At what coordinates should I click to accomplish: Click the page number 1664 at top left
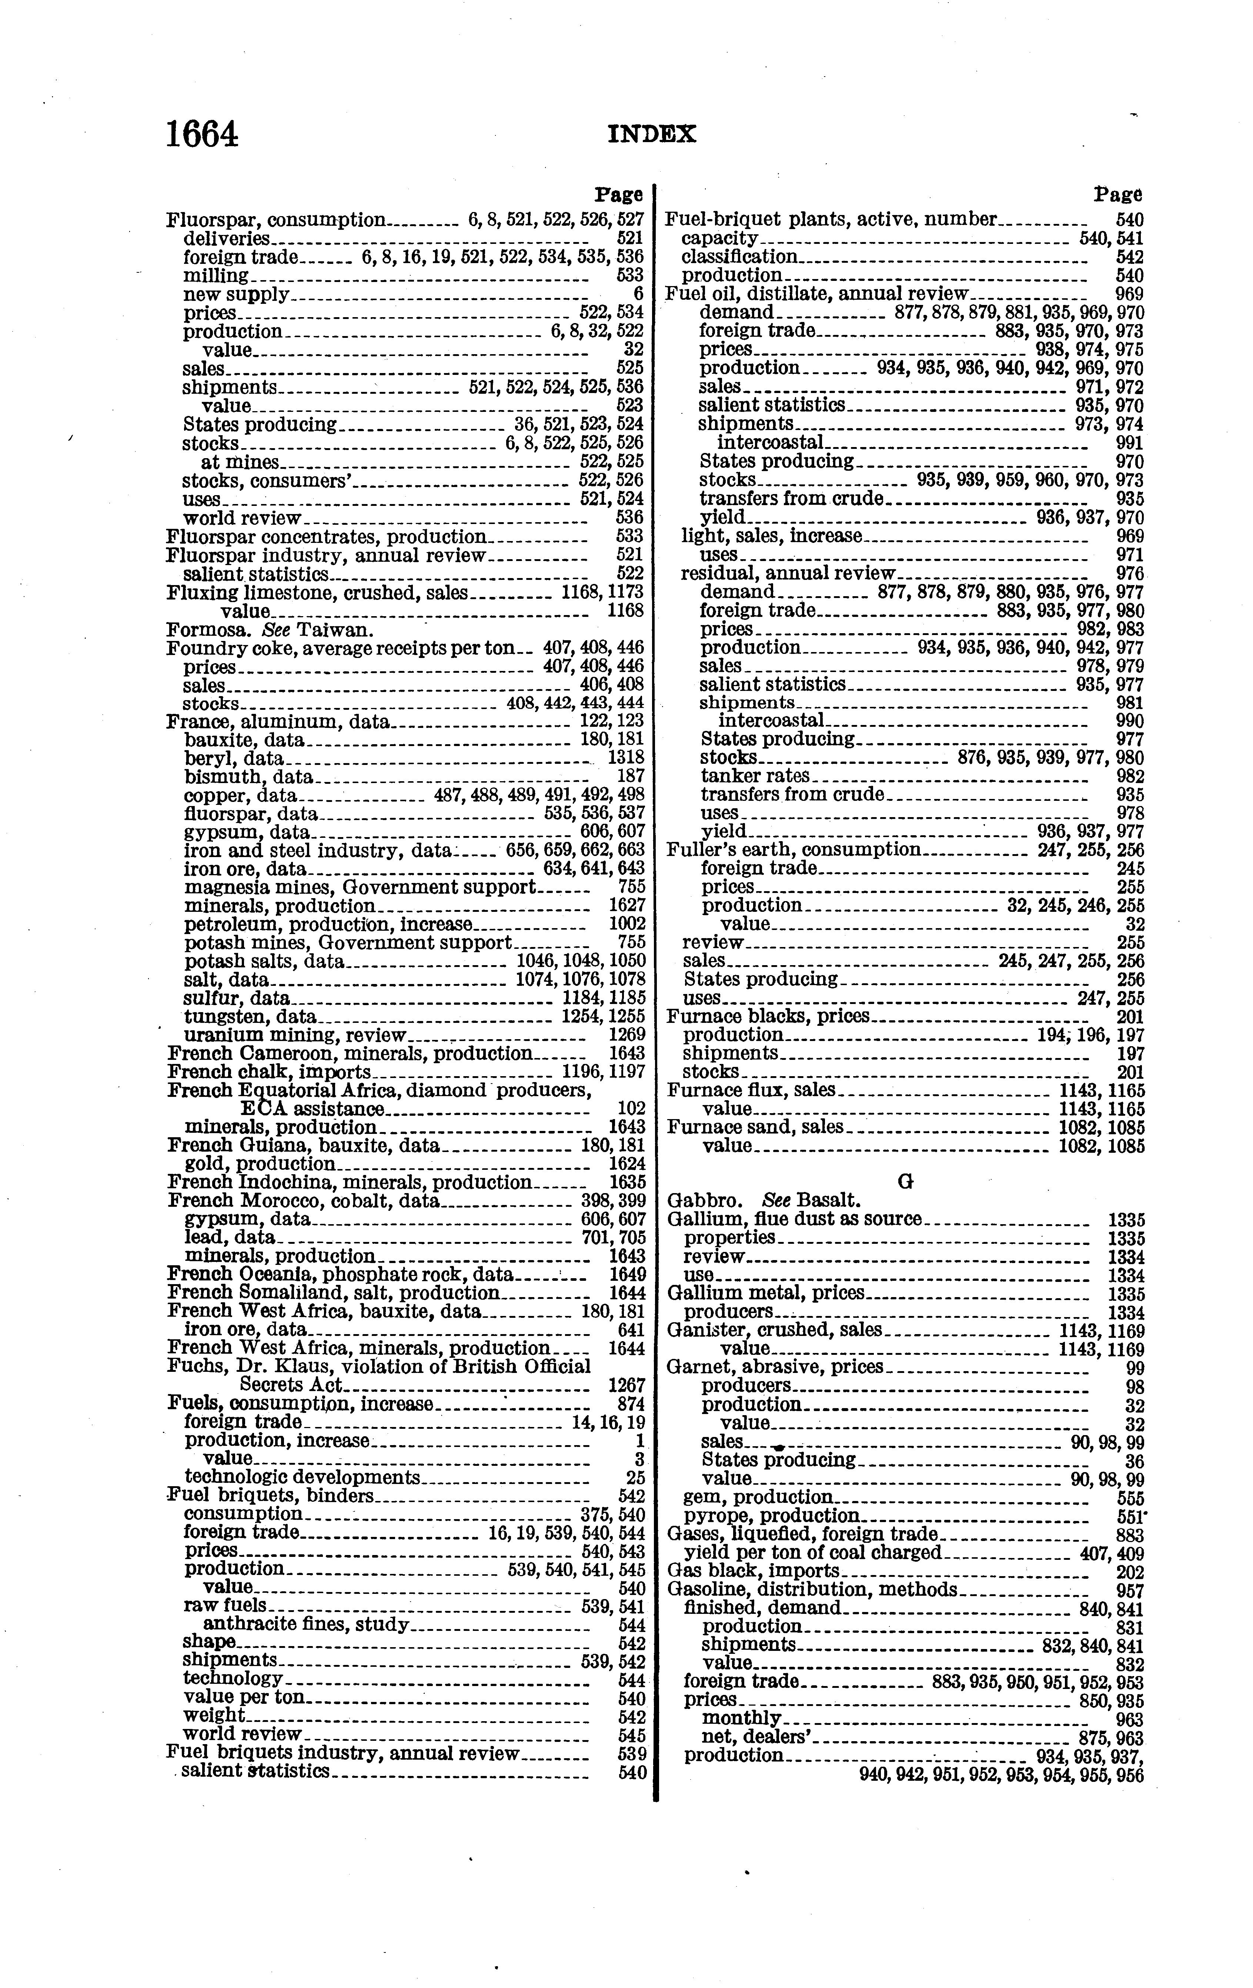click(203, 135)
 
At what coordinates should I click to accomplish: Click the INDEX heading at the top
click(652, 135)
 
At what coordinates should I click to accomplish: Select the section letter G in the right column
click(905, 1182)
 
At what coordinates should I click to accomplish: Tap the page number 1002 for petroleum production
click(627, 924)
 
